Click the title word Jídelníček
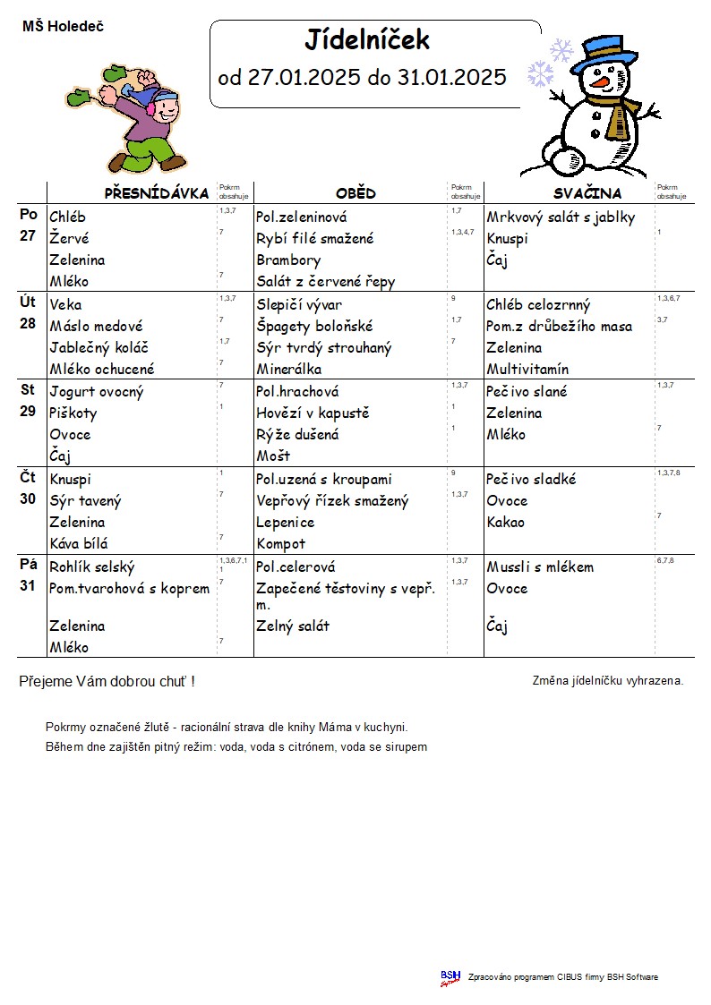click(x=367, y=40)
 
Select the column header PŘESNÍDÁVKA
click(x=157, y=193)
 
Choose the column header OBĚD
click(x=355, y=193)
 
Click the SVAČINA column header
click(x=587, y=193)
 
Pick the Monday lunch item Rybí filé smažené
click(x=314, y=239)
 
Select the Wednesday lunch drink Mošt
click(x=273, y=456)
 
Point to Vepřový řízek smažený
click(x=332, y=501)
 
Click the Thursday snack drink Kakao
click(x=506, y=523)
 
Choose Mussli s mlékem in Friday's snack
click(x=540, y=567)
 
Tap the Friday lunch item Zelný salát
click(x=293, y=626)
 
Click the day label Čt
click(x=28, y=478)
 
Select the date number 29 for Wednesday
click(x=28, y=413)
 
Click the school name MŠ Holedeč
click(x=63, y=27)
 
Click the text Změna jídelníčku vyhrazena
click(x=607, y=681)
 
